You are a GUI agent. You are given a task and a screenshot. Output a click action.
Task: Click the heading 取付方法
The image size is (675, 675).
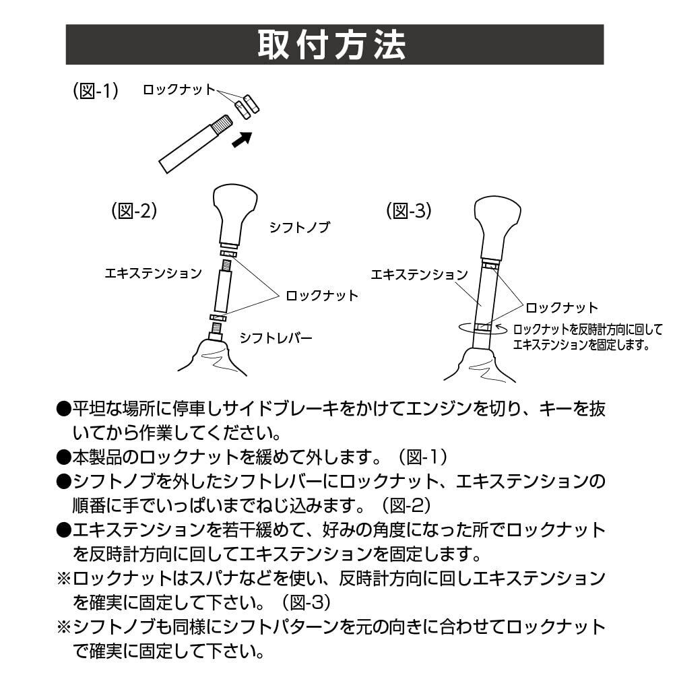click(x=333, y=44)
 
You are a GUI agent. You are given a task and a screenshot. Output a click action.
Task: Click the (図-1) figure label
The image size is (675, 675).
click(x=95, y=91)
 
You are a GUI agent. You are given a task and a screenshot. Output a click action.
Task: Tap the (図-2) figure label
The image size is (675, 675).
click(x=133, y=211)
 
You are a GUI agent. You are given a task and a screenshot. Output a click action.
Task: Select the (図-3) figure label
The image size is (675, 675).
click(x=408, y=211)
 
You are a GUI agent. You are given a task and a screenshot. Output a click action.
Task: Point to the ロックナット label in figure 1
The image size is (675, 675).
click(x=179, y=90)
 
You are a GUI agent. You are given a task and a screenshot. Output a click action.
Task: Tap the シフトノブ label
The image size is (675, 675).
click(x=300, y=228)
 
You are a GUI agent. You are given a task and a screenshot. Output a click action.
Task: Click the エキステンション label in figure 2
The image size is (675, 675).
click(x=153, y=274)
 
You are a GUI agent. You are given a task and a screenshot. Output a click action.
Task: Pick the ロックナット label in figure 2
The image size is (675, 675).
click(x=322, y=295)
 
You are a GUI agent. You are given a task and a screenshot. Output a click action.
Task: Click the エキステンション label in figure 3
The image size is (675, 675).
click(x=419, y=275)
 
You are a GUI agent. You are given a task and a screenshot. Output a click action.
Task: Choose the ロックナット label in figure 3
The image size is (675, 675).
click(x=561, y=308)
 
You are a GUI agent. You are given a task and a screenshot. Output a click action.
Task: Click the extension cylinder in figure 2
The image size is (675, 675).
click(x=224, y=289)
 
